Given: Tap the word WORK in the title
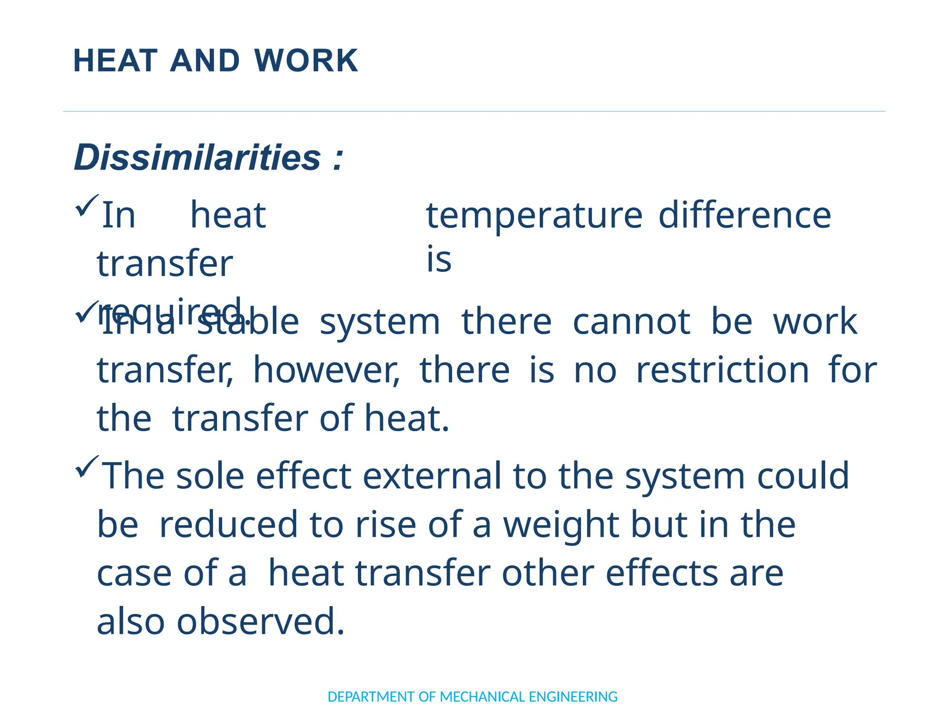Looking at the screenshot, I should pyautogui.click(x=306, y=61).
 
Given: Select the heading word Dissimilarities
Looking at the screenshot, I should pyautogui.click(x=197, y=158).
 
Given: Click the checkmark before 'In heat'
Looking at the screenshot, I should pyautogui.click(x=86, y=205).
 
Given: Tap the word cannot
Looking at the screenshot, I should pyautogui.click(x=631, y=322).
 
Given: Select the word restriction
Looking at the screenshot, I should pyautogui.click(x=722, y=370).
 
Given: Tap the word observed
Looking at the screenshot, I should pyautogui.click(x=260, y=622).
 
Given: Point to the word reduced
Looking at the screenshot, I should pyautogui.click(x=228, y=525).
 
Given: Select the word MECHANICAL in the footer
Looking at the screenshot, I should pyautogui.click(x=482, y=697).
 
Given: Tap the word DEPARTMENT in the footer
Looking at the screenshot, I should pyautogui.click(x=371, y=697).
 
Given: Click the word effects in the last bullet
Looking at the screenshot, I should pyautogui.click(x=662, y=573).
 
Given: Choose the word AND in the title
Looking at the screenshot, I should pyautogui.click(x=205, y=61).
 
